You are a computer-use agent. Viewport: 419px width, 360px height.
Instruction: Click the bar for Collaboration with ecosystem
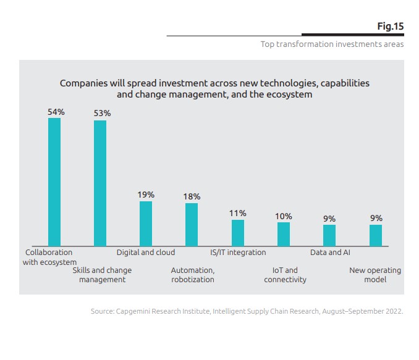pyautogui.click(x=54, y=182)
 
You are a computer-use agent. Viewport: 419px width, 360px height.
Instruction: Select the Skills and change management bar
pyautogui.click(x=100, y=183)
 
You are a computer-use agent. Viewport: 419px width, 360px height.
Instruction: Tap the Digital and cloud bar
pyautogui.click(x=146, y=224)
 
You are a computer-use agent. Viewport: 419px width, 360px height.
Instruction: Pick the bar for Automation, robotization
pyautogui.click(x=192, y=225)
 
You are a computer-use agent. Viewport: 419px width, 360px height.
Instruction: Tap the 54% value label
pyautogui.click(x=56, y=112)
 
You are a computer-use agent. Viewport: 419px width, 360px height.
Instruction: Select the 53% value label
pyautogui.click(x=102, y=114)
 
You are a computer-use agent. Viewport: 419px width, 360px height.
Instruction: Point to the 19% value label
pyautogui.click(x=146, y=195)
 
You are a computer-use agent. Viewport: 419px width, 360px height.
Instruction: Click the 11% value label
pyautogui.click(x=238, y=214)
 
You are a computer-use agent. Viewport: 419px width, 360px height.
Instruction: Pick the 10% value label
pyautogui.click(x=284, y=216)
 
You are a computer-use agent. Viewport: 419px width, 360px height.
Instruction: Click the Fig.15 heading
pyautogui.click(x=390, y=27)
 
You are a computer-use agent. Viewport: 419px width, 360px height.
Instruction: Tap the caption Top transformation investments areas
pyautogui.click(x=332, y=44)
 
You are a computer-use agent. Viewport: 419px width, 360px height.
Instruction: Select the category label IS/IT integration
pyautogui.click(x=238, y=253)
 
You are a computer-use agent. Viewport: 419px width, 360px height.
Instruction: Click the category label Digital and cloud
pyautogui.click(x=146, y=253)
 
